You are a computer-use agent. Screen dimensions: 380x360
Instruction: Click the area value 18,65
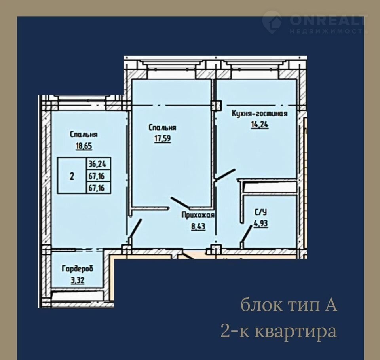84,146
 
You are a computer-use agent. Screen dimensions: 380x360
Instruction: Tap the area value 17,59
163,139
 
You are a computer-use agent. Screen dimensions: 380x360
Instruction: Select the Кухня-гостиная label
260,114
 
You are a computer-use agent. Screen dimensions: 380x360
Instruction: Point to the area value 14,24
260,125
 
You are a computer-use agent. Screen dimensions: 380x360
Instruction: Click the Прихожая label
198,215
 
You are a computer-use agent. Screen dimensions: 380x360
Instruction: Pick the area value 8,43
198,227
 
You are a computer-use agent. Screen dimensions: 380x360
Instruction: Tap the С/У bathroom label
261,212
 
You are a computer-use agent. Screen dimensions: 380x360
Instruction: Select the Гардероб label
78,269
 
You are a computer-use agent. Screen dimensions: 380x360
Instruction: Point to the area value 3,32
78,280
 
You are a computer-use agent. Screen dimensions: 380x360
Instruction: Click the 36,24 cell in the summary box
97,164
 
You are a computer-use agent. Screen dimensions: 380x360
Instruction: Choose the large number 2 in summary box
72,176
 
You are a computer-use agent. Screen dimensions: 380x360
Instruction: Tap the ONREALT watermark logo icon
272,22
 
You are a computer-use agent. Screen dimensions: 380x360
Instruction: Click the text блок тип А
289,305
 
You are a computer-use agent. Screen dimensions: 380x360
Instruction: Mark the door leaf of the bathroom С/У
247,234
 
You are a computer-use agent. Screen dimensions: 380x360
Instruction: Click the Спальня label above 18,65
84,135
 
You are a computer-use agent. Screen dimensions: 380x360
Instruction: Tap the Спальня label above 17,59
162,128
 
